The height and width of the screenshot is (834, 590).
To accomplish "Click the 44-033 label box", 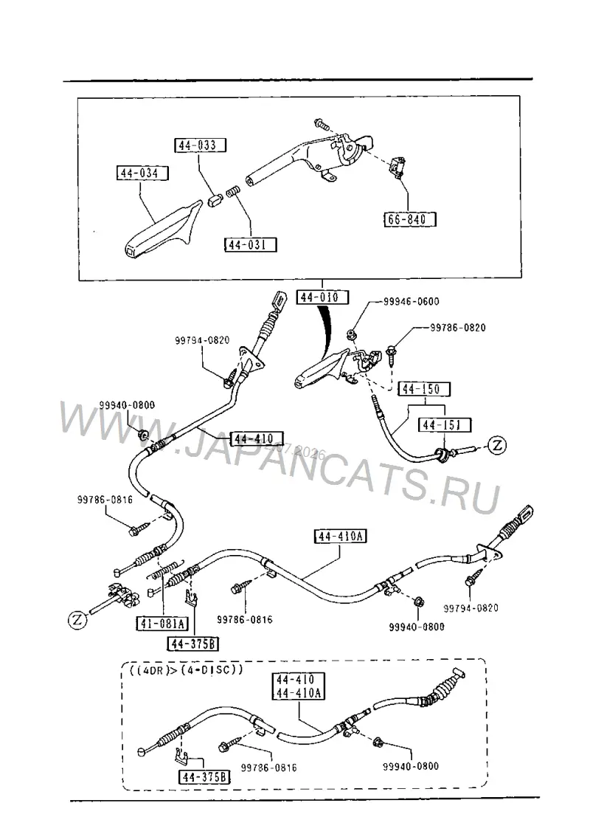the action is [200, 145].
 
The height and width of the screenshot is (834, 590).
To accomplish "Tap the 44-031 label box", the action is [251, 245].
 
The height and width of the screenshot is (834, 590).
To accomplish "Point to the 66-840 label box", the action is [410, 219].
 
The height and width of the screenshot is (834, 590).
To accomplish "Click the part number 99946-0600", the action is [412, 302].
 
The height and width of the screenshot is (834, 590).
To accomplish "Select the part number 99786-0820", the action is [458, 328].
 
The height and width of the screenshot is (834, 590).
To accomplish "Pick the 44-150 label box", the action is [423, 389].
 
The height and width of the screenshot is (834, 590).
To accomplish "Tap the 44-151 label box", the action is [445, 424].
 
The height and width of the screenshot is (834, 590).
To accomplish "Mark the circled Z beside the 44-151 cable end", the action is [497, 444].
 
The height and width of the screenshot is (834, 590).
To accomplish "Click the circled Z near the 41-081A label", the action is [77, 619].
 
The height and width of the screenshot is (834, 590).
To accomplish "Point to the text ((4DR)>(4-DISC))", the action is [186, 669].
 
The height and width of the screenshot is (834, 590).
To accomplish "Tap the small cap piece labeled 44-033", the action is [214, 201].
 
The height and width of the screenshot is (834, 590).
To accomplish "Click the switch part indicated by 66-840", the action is [398, 167].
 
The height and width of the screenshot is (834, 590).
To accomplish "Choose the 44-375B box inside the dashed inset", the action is [204, 777].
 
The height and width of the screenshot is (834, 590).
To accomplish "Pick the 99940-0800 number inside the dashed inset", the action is [411, 766].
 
